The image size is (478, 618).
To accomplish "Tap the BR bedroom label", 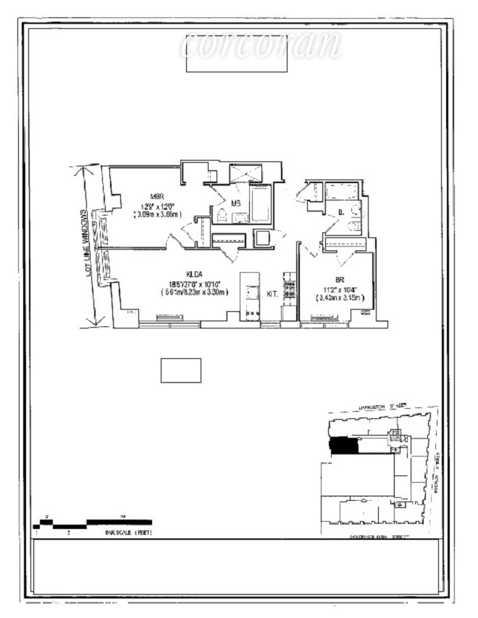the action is point(339,279).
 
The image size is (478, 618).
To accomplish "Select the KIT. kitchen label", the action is point(273,294).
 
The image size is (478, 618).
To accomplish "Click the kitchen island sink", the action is point(251,291).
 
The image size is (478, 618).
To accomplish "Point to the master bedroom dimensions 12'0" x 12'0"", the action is point(156,206).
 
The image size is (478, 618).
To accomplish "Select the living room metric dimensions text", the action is point(195,292).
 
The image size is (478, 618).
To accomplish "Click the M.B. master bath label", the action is point(236,203).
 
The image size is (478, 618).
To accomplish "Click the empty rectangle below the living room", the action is point(180,370).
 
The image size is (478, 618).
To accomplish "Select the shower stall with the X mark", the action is point(249,173).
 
